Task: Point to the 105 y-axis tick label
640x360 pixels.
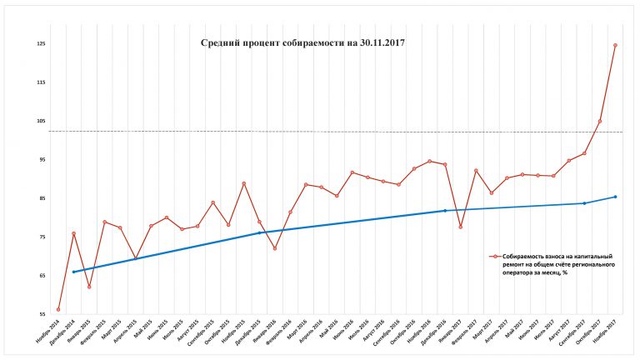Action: [41, 121]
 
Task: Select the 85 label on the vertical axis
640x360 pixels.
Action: [41, 198]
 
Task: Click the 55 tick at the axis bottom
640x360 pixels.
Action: [41, 314]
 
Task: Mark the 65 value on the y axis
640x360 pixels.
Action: [41, 276]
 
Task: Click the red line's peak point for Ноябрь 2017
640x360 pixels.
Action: [615, 45]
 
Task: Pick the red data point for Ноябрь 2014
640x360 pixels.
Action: [58, 310]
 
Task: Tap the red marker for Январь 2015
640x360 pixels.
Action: [89, 287]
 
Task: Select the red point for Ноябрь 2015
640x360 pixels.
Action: [243, 183]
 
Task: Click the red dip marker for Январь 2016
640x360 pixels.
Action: [274, 248]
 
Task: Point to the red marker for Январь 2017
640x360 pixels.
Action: [460, 227]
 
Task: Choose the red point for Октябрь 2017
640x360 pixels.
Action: [599, 122]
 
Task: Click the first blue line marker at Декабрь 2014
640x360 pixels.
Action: [73, 272]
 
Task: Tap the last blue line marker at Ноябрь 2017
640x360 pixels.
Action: [615, 197]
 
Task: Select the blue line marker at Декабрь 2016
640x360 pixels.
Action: [445, 211]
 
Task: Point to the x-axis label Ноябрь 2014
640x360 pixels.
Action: [49, 333]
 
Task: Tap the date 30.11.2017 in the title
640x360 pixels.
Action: [377, 42]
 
